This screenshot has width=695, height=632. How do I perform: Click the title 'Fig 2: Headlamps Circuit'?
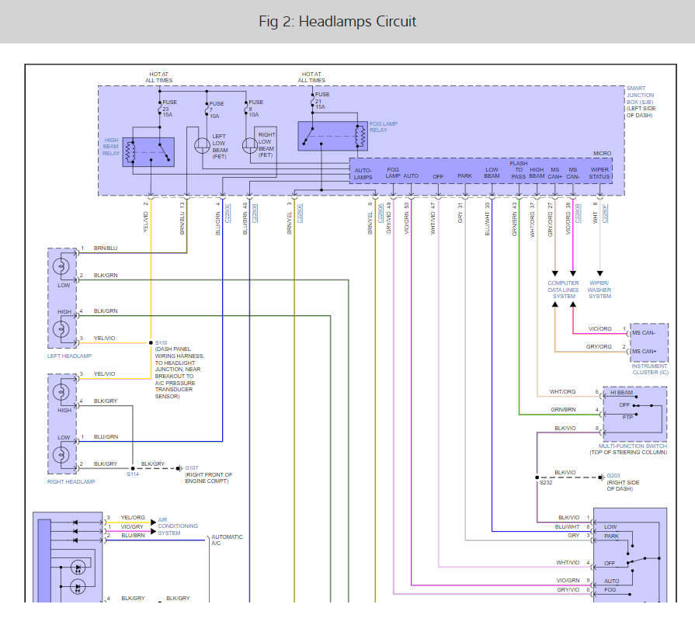pyautogui.click(x=338, y=22)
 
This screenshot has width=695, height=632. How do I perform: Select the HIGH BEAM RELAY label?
pyautogui.click(x=112, y=147)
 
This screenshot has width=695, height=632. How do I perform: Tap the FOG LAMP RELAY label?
pyautogui.click(x=382, y=126)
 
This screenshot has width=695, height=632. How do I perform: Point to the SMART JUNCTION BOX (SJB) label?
pyautogui.click(x=641, y=102)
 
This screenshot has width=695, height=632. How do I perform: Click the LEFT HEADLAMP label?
pyautogui.click(x=69, y=356)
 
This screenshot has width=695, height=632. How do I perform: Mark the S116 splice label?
pyautogui.click(x=161, y=342)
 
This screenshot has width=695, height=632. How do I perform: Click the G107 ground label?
pyautogui.click(x=191, y=467)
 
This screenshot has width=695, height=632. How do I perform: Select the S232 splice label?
pyautogui.click(x=546, y=483)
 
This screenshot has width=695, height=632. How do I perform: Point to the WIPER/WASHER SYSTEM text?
pyautogui.click(x=599, y=290)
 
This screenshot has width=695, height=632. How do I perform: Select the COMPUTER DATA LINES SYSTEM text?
pyautogui.click(x=564, y=290)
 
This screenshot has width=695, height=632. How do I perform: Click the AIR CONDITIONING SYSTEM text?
pyautogui.click(x=178, y=526)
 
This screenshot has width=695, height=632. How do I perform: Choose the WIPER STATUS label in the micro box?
pyautogui.click(x=599, y=173)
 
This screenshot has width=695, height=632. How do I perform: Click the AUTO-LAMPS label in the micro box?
pyautogui.click(x=363, y=173)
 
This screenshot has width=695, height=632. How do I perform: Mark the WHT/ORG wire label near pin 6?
pyautogui.click(x=562, y=391)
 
